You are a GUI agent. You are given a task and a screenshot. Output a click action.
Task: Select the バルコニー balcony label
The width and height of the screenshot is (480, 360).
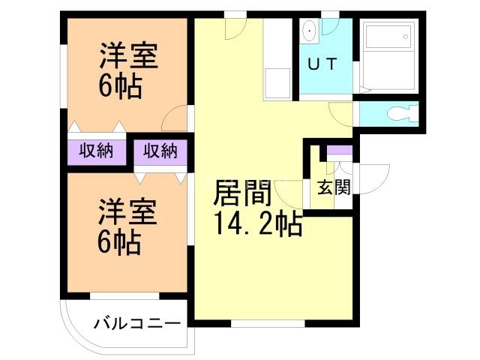coord(136,324)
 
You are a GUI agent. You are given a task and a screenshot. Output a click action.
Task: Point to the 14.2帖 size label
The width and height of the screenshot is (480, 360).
coord(259,223)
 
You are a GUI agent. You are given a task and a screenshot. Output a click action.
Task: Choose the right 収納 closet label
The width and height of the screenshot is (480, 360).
coord(160,151)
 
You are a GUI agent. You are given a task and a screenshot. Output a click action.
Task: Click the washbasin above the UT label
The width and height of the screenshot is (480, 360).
coord(309,32)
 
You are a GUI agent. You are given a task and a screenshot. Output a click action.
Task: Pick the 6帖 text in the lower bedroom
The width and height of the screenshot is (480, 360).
coord(120,242)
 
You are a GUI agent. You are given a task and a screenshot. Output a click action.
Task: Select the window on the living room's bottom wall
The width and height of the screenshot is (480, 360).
coord(268,324)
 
